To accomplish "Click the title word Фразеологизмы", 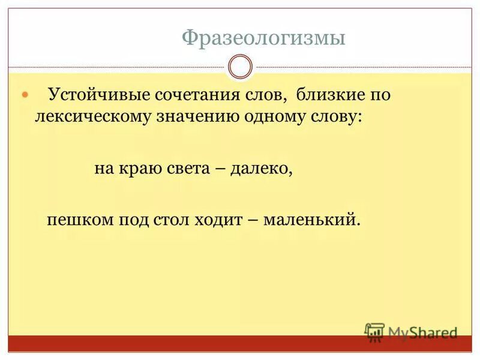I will [264, 38].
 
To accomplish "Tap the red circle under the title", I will [240, 66].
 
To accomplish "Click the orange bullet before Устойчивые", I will [25, 95].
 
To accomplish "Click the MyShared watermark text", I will [422, 332].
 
